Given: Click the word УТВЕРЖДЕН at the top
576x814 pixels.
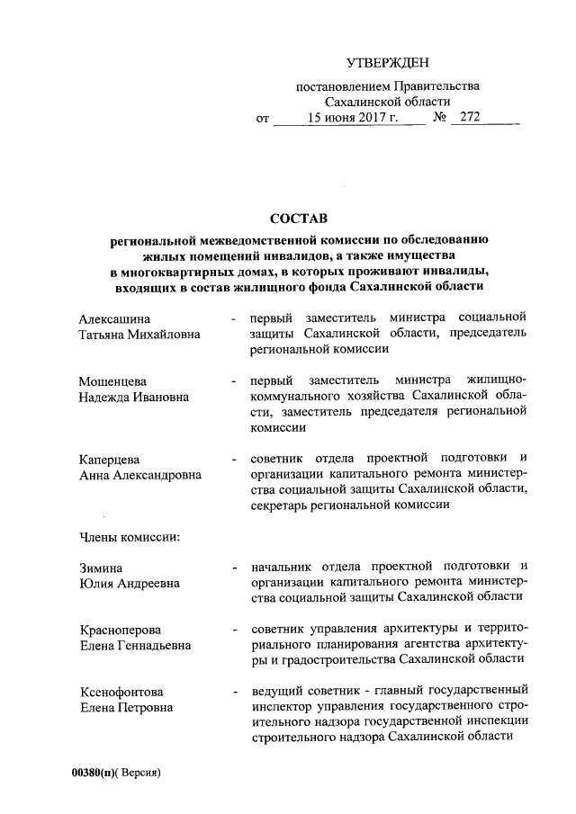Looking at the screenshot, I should [x=389, y=62].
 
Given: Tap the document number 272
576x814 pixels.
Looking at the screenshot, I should [x=470, y=118].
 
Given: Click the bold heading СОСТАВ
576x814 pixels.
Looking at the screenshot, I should [x=296, y=219].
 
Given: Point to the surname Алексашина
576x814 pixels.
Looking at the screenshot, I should [x=114, y=318].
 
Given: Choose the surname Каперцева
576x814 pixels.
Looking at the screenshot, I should [x=109, y=460].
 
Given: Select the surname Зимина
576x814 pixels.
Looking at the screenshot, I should [x=100, y=568].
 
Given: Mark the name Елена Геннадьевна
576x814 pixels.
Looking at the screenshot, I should [x=135, y=645].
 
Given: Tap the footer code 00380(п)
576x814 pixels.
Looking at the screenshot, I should [x=99, y=774].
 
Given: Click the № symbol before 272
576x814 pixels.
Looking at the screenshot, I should [x=440, y=118].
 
